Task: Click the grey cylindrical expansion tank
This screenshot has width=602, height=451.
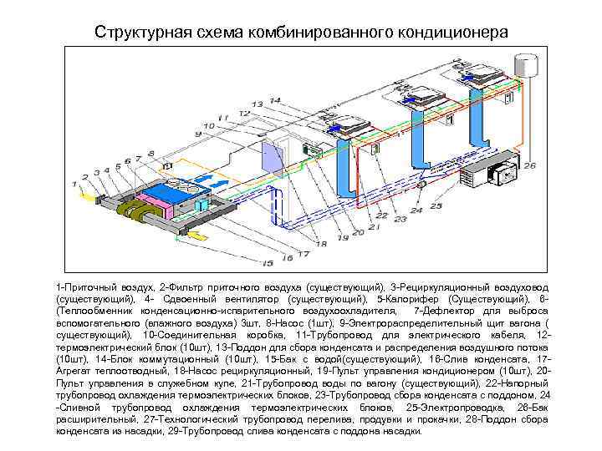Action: [x=526, y=64]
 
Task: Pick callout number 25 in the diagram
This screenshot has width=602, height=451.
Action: [x=436, y=205]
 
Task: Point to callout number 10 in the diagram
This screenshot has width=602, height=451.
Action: [x=206, y=125]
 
